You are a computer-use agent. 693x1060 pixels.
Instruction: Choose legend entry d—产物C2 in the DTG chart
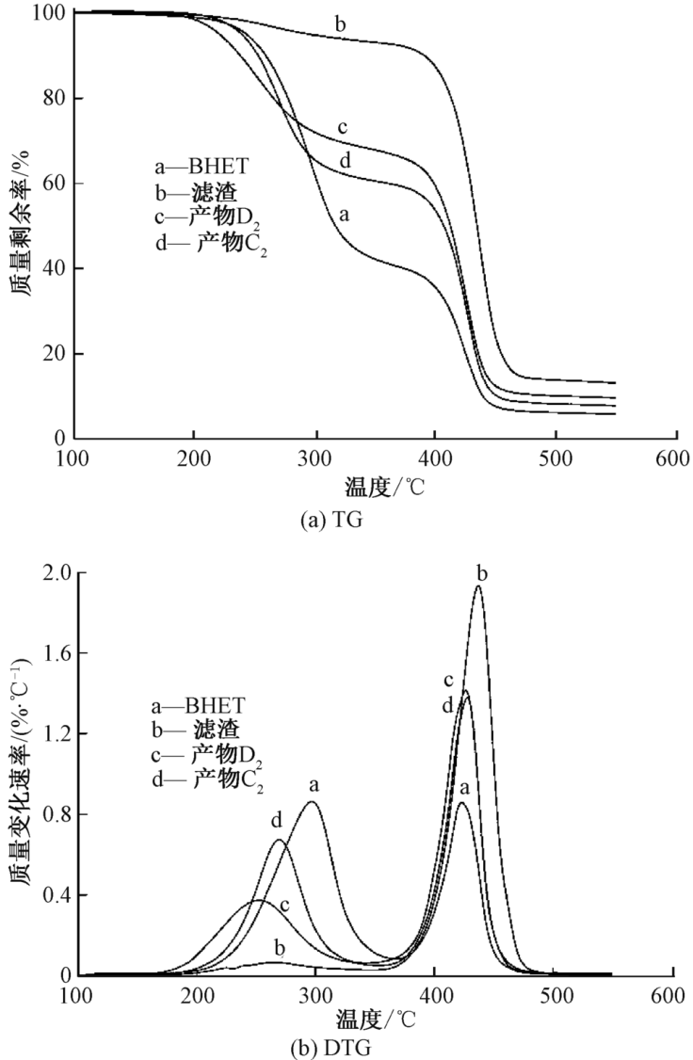coord(207,779)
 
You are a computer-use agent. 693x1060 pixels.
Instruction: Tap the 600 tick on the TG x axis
coord(677,459)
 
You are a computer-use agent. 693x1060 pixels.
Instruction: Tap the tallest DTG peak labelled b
coord(478,587)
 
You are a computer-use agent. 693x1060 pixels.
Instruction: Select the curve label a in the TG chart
coord(346,216)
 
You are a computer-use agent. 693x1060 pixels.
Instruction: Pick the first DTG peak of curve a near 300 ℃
coord(312,803)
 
